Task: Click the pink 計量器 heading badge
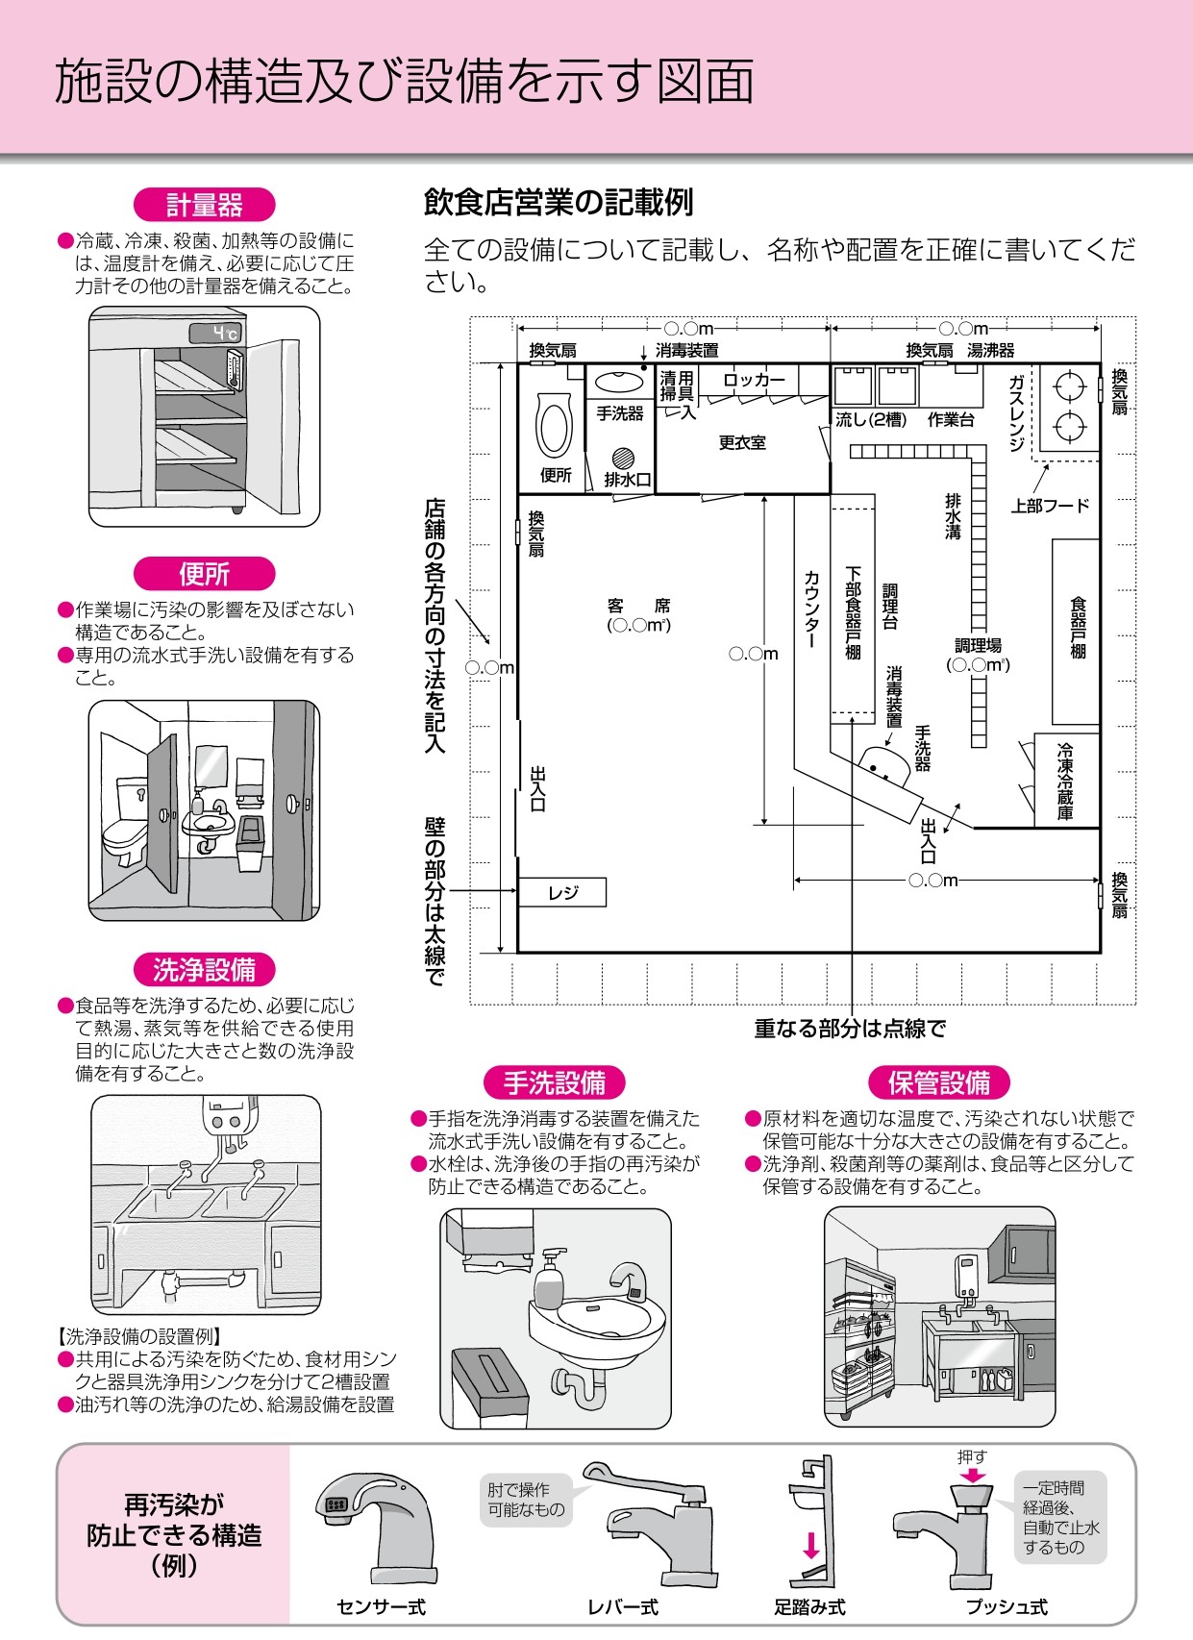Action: coord(204,205)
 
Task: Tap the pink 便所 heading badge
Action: coord(204,574)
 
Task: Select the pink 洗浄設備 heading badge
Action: coord(204,970)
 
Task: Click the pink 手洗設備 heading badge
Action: coord(554,1083)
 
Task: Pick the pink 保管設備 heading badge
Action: coord(938,1083)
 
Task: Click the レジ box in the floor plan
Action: coord(562,893)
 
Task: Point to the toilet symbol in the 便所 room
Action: coord(554,427)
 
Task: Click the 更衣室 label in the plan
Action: coord(742,443)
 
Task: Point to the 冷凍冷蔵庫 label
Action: coord(1065,781)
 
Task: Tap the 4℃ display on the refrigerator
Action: coord(214,334)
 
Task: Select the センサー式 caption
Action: coord(381,1607)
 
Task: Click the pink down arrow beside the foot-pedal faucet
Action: coord(811,1545)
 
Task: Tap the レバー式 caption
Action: coord(622,1607)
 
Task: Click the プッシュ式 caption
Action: coord(1007,1607)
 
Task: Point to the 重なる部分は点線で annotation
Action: coord(850,1030)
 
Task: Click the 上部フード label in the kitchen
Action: coord(1050,506)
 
